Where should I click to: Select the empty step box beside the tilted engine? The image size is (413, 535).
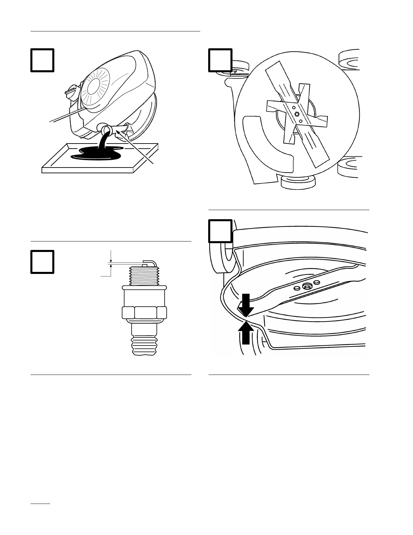click(43, 60)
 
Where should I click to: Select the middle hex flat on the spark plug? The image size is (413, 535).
click(145, 313)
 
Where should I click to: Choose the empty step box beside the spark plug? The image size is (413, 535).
click(43, 261)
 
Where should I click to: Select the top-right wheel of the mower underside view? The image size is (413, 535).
click(349, 60)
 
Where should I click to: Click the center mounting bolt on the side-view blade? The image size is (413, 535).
click(307, 287)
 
